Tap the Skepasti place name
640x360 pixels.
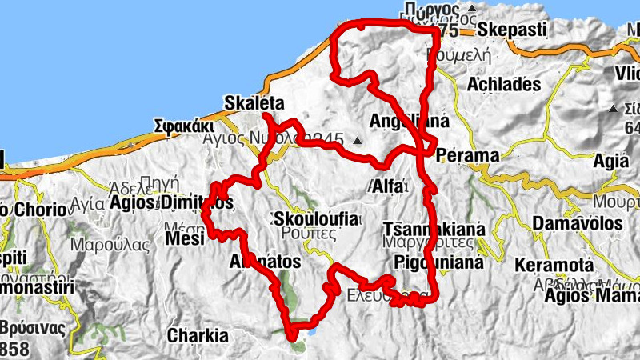(512, 30)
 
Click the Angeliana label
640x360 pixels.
(408, 122)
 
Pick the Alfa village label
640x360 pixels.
(390, 186)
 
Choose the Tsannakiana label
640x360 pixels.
(434, 228)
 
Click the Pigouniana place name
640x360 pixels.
(439, 262)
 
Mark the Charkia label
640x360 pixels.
(198, 336)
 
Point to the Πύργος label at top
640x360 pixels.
(432, 10)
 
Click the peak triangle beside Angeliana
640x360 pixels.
(358, 143)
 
